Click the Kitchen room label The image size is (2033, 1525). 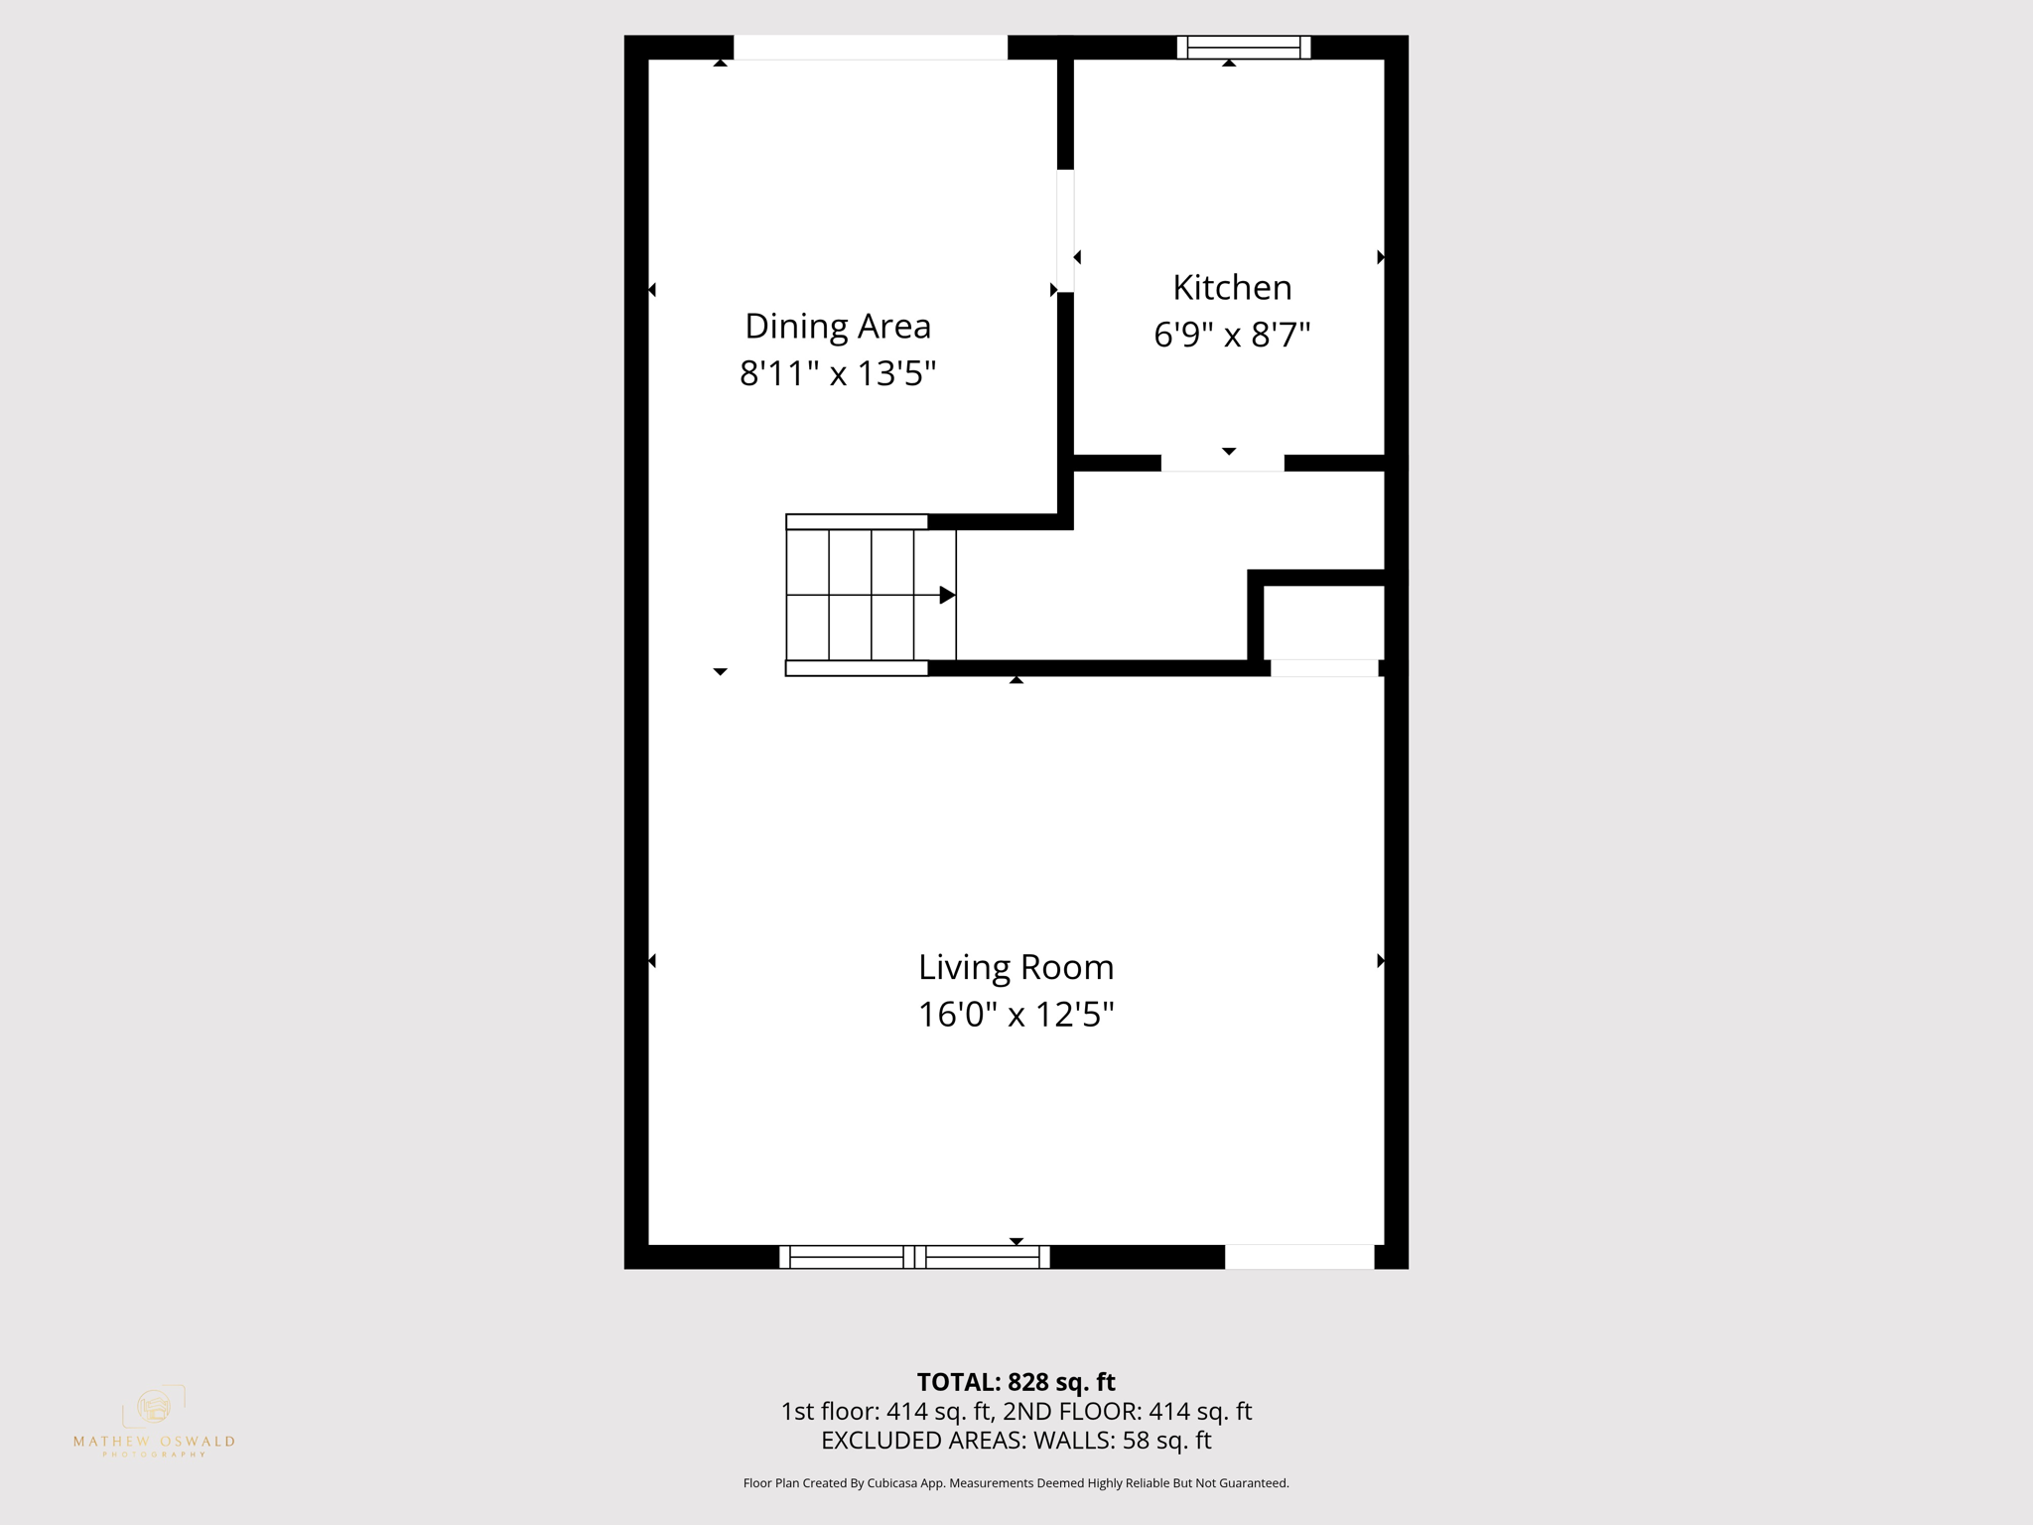[1232, 288]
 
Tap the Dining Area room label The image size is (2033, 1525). [838, 327]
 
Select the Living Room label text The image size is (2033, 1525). [1016, 967]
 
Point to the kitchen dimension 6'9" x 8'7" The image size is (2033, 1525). [1232, 335]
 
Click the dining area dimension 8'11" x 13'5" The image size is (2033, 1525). [838, 374]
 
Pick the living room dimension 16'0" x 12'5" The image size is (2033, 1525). [1016, 1015]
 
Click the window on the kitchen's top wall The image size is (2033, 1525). [1244, 47]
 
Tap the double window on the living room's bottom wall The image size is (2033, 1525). [914, 1257]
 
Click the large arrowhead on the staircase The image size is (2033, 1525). [947, 595]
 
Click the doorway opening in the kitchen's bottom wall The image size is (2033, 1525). [1222, 463]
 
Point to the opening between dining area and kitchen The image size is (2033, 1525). [1065, 230]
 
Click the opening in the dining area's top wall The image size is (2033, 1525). [870, 47]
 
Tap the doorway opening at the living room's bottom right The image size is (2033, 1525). [1298, 1257]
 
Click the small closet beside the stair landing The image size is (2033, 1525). [1323, 623]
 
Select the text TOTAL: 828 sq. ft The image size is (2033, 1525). [1016, 1382]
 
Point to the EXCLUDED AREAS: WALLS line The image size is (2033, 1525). [1016, 1441]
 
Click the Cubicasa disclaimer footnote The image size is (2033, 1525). [1016, 1483]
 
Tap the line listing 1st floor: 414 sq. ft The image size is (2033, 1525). [1016, 1412]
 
